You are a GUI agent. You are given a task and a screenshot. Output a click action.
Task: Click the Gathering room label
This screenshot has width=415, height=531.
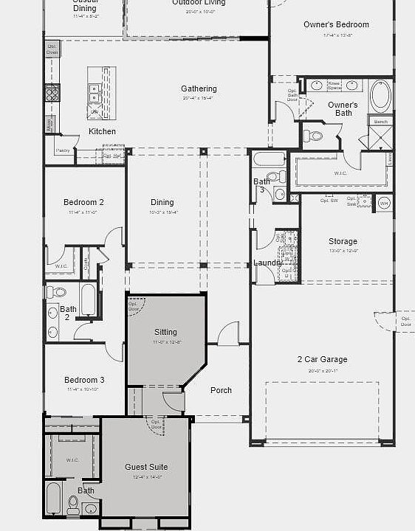pos(199,89)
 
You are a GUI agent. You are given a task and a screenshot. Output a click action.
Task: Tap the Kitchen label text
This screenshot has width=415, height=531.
pos(102,131)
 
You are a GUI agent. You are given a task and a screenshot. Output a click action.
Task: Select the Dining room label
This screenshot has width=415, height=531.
pos(162,202)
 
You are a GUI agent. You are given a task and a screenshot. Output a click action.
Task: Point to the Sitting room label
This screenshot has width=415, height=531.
pos(165,332)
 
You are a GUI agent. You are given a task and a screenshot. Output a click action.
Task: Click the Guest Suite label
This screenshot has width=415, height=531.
pos(146,467)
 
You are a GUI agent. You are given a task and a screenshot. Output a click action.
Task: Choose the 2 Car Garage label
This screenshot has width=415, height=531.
pos(322,360)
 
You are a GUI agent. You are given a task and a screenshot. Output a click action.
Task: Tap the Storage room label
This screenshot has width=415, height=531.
pos(343,241)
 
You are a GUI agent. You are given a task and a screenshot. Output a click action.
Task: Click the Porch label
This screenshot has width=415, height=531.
pos(221,390)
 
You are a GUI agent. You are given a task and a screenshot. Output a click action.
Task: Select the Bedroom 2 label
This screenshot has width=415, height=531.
pos(83,202)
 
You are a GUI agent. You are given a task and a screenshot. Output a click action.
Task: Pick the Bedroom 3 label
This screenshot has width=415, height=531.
pos(84,380)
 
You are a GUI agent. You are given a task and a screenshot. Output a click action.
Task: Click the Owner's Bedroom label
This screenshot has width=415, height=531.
pos(336,25)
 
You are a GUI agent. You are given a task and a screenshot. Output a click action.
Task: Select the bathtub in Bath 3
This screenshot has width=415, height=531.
pos(267,159)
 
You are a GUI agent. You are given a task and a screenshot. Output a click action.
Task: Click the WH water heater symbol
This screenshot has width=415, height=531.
pos(384,202)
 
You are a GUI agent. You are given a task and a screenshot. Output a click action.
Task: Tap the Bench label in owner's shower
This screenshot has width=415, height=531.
pos(380,122)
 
